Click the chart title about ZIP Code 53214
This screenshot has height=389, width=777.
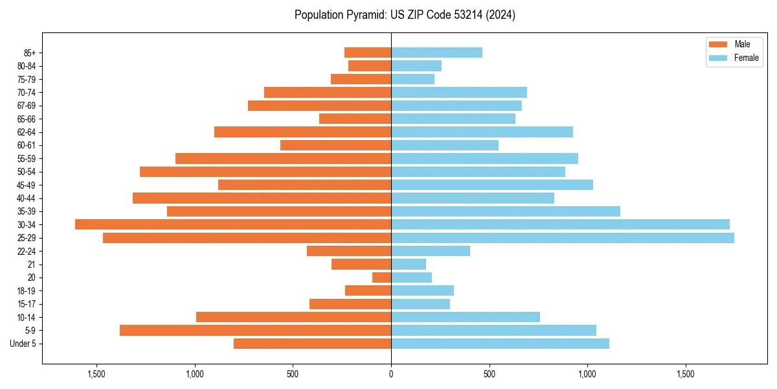405,15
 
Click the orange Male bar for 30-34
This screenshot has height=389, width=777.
233,224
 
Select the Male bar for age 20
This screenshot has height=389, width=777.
381,277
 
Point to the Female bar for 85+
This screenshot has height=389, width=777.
436,53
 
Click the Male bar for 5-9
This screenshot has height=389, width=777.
255,331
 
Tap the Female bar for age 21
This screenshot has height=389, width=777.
409,265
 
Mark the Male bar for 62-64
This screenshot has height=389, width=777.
302,132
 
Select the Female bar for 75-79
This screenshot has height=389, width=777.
412,79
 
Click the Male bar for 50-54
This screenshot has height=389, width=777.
265,172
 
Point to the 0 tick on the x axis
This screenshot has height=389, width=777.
391,374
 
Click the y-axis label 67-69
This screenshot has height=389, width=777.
27,106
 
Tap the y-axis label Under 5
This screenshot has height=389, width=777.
23,344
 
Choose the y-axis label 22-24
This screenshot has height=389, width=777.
27,251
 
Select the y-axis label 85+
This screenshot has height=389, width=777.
30,53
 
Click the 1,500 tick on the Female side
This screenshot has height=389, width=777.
685,374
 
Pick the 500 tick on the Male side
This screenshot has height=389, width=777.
293,374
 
